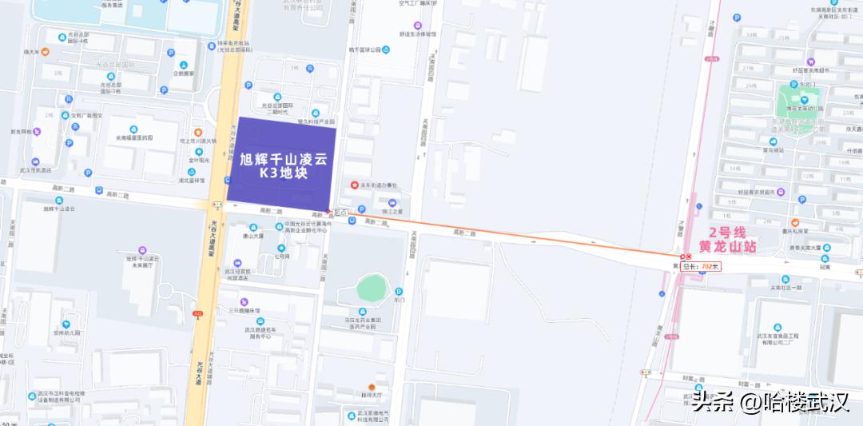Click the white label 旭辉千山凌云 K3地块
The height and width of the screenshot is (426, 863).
coord(284,166)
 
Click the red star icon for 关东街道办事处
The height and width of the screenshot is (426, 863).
coord(355,185)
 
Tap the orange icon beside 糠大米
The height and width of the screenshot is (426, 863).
coord(46,52)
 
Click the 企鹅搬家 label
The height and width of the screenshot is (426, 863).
coord(185,73)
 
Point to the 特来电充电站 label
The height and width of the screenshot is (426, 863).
coord(233,43)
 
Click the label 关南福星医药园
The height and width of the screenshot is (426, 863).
coord(133,137)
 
